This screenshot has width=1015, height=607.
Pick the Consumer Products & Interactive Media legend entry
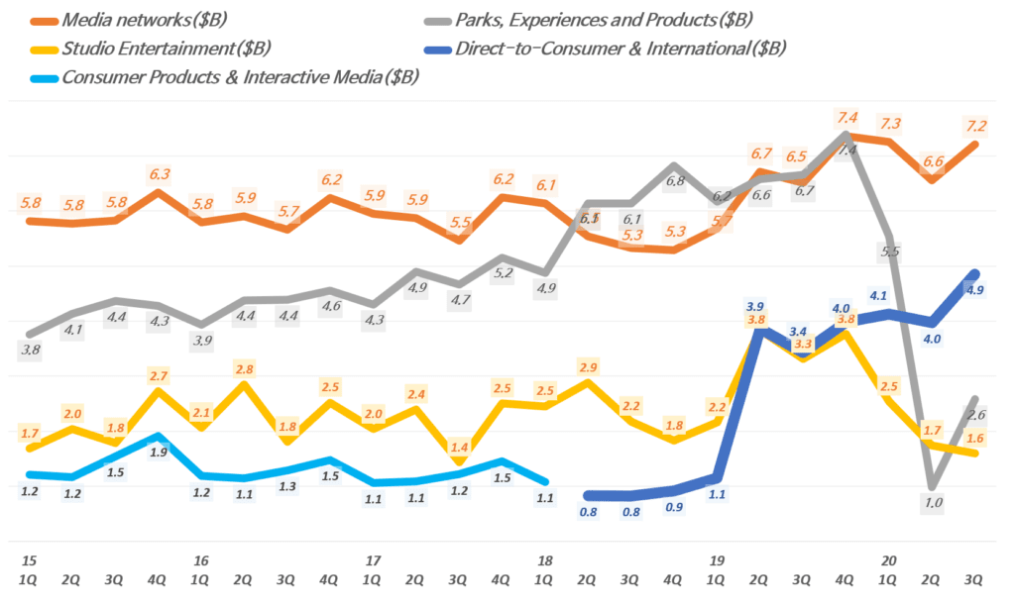click(x=239, y=77)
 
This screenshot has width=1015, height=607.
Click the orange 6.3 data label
click(x=159, y=174)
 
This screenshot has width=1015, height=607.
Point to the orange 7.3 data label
click(x=889, y=124)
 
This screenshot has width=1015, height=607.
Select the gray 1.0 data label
click(x=933, y=503)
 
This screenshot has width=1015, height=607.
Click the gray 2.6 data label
click(x=975, y=415)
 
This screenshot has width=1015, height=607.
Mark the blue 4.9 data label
click(x=974, y=290)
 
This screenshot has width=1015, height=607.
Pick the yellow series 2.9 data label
click(x=589, y=368)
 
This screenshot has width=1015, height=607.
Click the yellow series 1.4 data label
click(x=459, y=448)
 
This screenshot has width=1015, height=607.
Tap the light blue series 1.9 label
click(x=159, y=453)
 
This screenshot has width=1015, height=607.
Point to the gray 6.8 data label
click(x=675, y=181)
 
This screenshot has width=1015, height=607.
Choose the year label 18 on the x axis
click(x=544, y=561)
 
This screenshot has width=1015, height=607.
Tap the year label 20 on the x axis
click(x=889, y=561)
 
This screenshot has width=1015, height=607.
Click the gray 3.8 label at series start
click(x=31, y=350)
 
